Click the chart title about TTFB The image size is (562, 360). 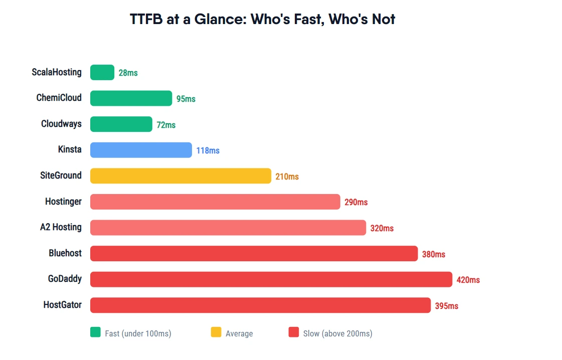click(x=262, y=20)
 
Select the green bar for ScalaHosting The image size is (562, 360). click(x=102, y=73)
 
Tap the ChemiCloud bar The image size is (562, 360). click(x=131, y=98)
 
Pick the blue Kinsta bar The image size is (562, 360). click(x=141, y=150)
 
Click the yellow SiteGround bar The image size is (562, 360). click(x=180, y=176)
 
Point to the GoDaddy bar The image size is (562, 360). click(x=271, y=279)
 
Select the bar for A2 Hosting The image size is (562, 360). click(x=228, y=228)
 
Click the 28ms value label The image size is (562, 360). click(x=128, y=73)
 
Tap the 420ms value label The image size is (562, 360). click(x=468, y=280)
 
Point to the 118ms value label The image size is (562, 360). click(x=208, y=150)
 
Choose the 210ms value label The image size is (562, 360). click(x=287, y=176)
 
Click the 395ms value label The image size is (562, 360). click(x=446, y=306)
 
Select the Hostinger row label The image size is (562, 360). click(x=63, y=202)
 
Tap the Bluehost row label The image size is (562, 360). click(x=65, y=253)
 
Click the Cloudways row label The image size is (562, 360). click(x=61, y=124)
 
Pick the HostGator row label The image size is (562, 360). click(x=62, y=305)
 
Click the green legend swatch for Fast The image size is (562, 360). click(x=95, y=332)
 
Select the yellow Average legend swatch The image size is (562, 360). click(x=216, y=332)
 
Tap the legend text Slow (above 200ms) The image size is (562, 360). click(x=337, y=333)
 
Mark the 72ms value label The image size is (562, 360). click(x=166, y=125)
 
